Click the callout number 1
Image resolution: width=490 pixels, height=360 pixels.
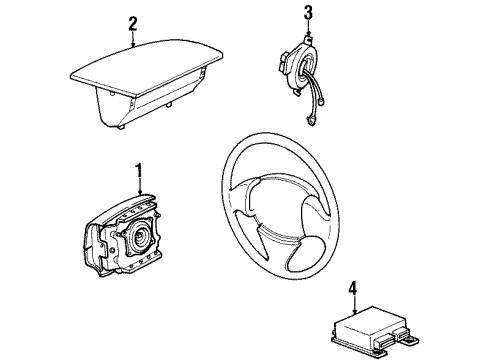(140, 170)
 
